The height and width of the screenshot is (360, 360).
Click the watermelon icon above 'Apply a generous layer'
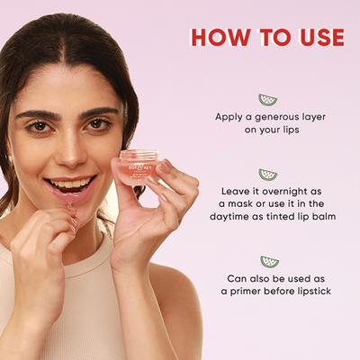click(268, 99)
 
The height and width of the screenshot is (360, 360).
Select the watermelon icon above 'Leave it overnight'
click(268, 174)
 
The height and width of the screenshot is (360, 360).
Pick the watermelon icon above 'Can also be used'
click(268, 262)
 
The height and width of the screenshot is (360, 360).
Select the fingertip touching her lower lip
click(71, 205)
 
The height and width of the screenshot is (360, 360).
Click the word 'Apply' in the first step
click(229, 117)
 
